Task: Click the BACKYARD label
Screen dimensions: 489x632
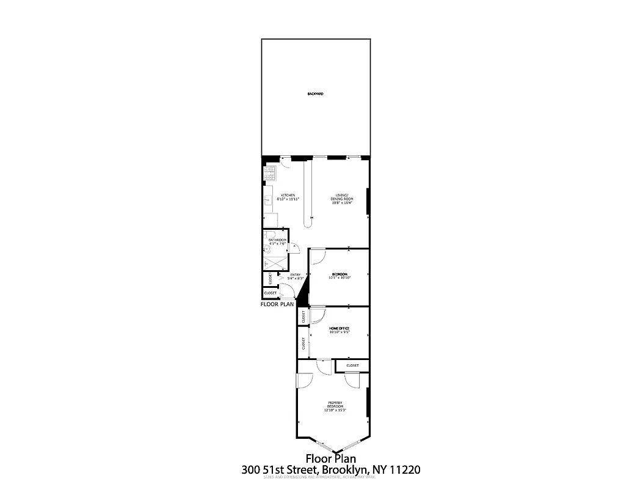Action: click(x=315, y=94)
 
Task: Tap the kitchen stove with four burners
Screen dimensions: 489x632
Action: click(x=269, y=174)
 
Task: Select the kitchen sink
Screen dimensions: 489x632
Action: click(x=267, y=200)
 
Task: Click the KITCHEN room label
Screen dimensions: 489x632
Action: click(x=288, y=196)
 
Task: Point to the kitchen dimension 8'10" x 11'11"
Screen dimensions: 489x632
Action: click(x=288, y=199)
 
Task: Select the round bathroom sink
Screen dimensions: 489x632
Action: click(x=267, y=249)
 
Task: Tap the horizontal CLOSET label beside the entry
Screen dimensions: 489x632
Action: click(x=270, y=293)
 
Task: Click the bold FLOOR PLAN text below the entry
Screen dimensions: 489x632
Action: click(x=277, y=304)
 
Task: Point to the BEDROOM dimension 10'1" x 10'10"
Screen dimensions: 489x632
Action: click(x=340, y=278)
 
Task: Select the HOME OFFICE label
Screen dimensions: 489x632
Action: click(x=340, y=329)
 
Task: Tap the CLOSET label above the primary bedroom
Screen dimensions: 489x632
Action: click(x=352, y=366)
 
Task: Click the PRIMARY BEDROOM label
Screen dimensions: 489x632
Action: click(x=335, y=405)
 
